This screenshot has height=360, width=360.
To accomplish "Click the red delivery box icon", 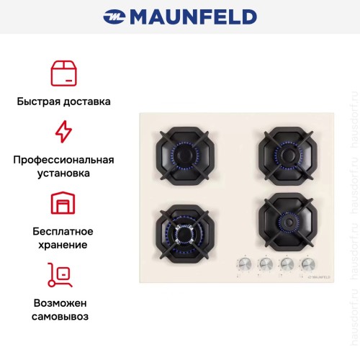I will (x=63, y=73).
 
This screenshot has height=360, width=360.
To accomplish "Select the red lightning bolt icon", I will (x=63, y=132).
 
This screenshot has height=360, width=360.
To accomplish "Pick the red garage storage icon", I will (x=63, y=204).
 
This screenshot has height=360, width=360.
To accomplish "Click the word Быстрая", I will (x=40, y=102).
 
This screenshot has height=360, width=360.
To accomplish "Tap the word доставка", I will (x=86, y=102).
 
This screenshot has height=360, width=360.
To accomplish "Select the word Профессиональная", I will (x=63, y=159).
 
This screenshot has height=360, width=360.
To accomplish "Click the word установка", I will (x=63, y=174).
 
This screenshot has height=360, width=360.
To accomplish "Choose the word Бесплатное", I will (x=63, y=230).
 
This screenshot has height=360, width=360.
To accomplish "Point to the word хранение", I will (x=63, y=245).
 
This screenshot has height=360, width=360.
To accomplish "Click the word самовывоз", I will (x=63, y=316).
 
